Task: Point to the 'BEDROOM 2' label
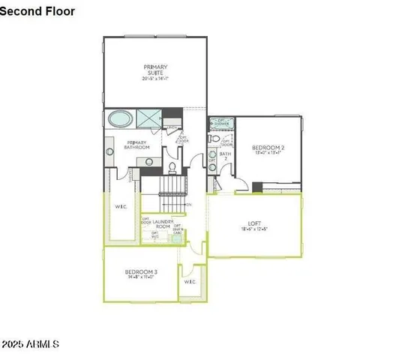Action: [268, 148]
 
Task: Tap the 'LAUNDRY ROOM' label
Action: [164, 223]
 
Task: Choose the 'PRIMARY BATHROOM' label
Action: [137, 145]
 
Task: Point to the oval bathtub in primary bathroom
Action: [120, 118]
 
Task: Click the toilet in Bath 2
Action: [214, 139]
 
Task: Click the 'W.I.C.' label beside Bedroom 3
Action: [190, 282]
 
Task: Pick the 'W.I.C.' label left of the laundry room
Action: [121, 207]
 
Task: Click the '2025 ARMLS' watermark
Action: [30, 344]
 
